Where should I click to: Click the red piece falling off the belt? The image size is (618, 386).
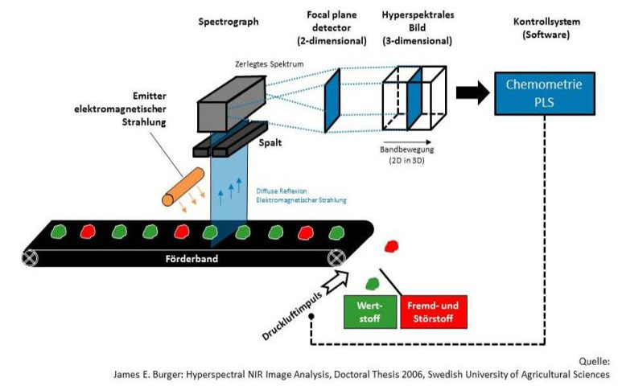point(393,245)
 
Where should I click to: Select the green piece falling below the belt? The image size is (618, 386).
point(373,282)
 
